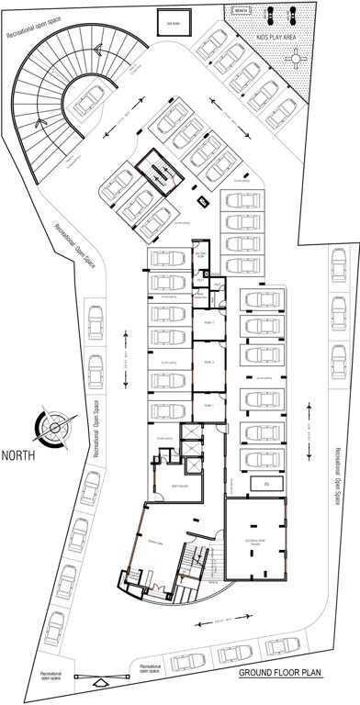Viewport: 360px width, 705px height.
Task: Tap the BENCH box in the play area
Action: [x=242, y=10]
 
